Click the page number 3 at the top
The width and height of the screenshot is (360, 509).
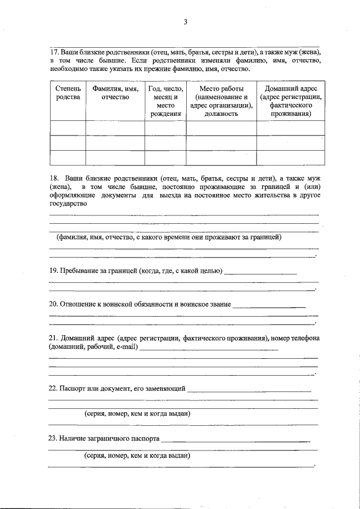tap(184, 22)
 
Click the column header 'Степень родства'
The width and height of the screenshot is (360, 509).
tap(68, 93)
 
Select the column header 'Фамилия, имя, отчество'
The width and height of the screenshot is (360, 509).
tap(115, 93)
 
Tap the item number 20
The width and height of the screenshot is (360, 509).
tap(54, 304)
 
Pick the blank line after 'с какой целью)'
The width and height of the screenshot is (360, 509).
tap(260, 273)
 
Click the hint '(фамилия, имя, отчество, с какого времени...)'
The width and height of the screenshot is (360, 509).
tap(168, 237)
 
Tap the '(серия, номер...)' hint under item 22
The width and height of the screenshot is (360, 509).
tap(137, 413)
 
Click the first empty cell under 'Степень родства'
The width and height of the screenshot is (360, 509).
tap(68, 128)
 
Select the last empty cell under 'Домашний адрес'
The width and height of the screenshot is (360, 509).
tap(291, 158)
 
